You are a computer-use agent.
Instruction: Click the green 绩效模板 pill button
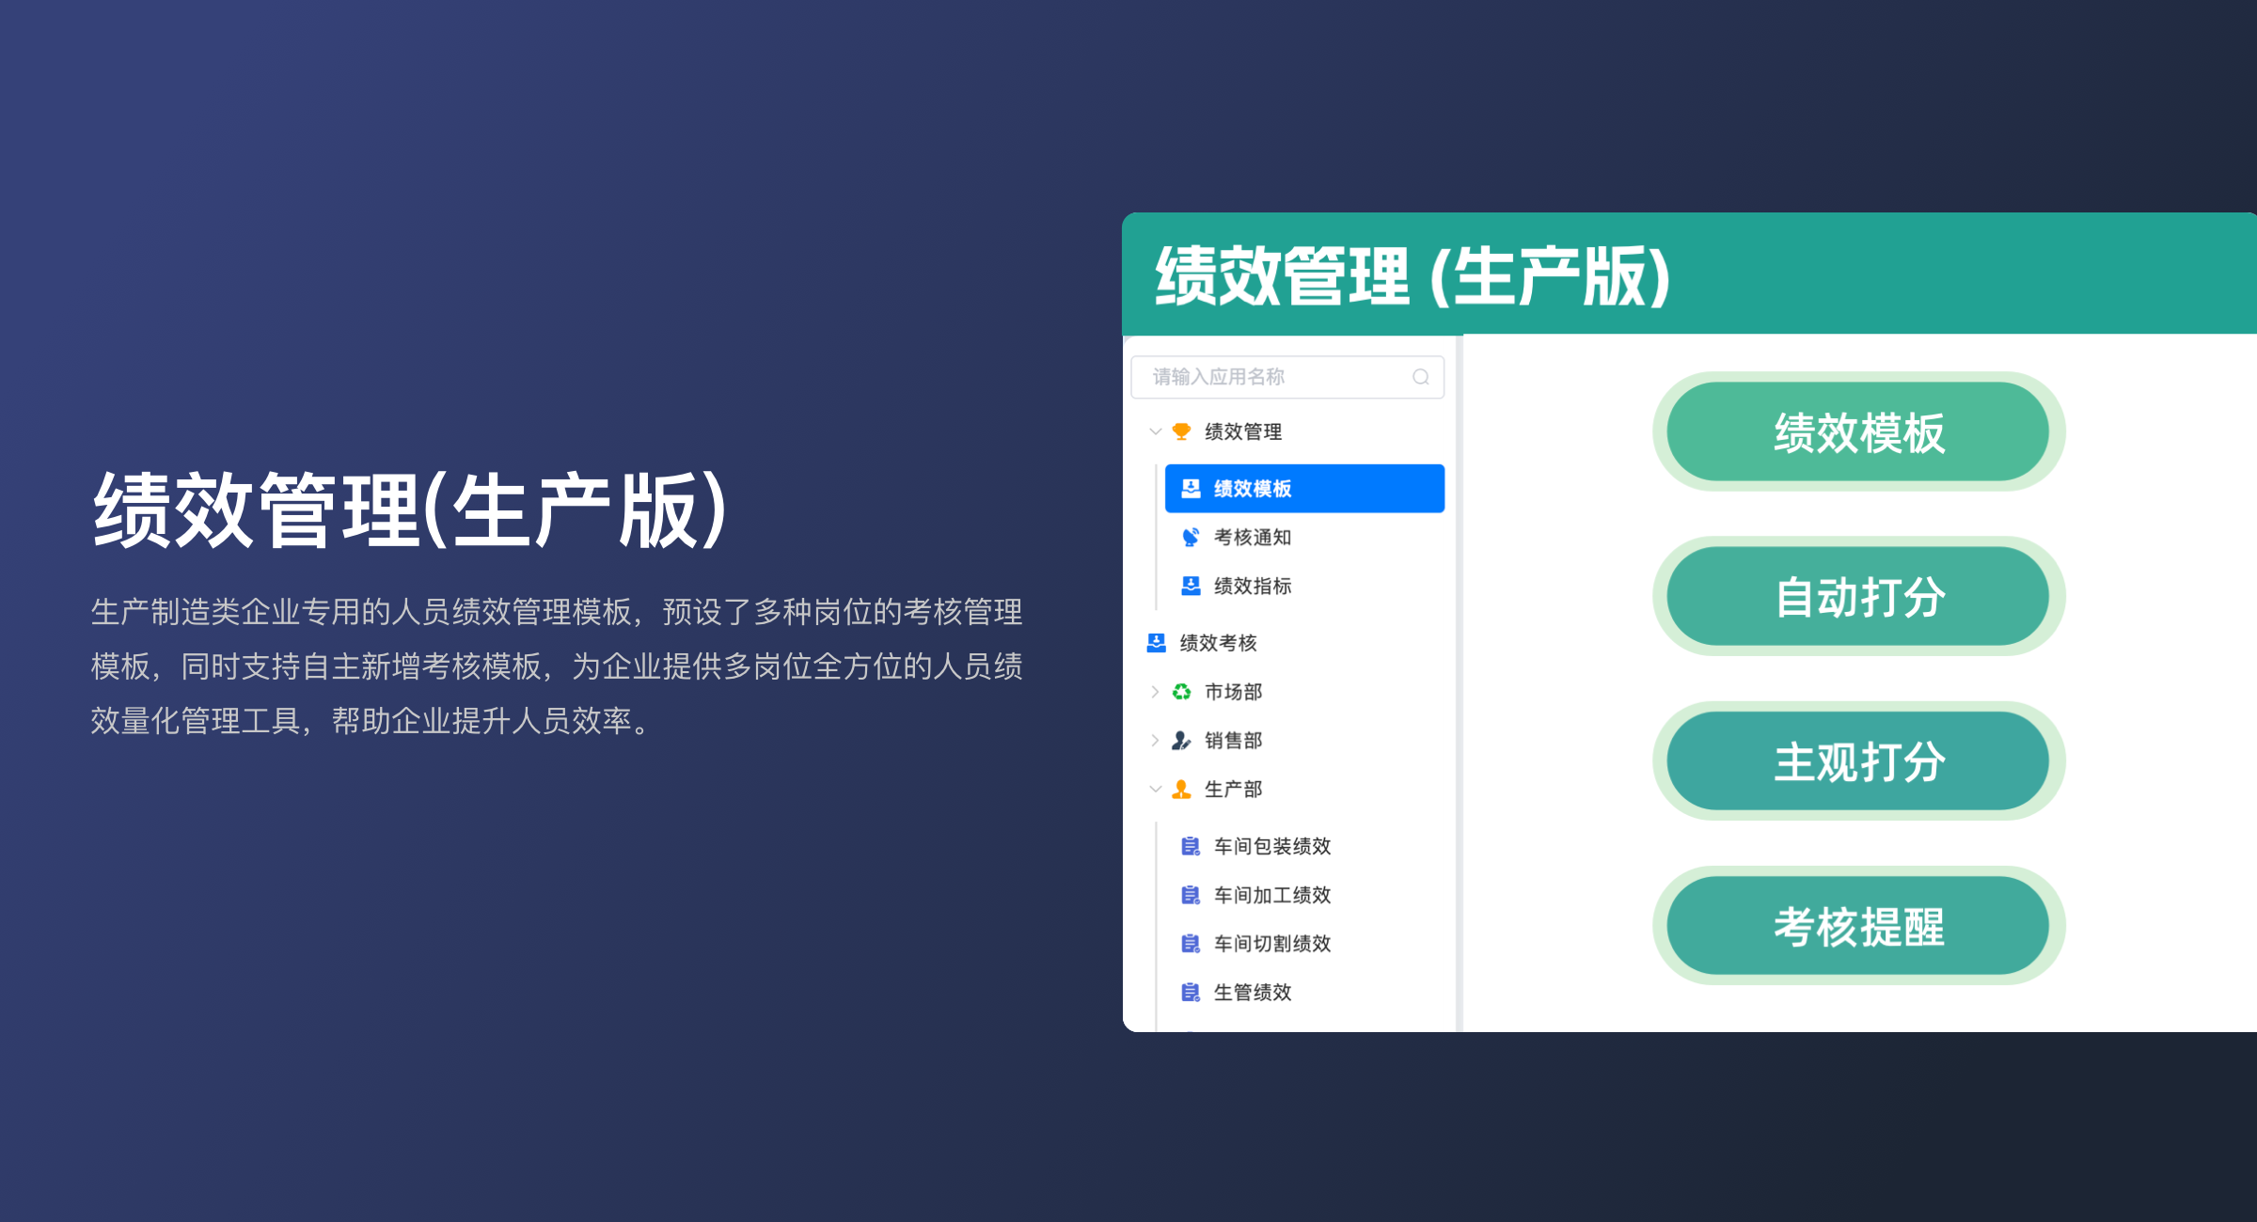coord(1858,432)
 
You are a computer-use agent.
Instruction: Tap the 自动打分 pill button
coord(1858,597)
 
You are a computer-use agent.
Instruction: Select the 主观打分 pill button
coord(1858,761)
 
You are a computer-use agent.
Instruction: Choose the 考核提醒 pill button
coord(1858,926)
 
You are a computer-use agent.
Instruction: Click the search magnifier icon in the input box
coord(1420,377)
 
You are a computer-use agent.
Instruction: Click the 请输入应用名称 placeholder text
coord(1219,377)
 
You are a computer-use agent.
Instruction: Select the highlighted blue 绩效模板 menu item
coord(1303,488)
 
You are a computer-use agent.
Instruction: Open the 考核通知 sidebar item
coord(1252,537)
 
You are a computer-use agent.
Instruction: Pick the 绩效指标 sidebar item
coord(1252,586)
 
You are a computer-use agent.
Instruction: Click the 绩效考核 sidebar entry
coord(1218,643)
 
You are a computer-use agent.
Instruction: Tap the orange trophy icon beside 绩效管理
coord(1181,431)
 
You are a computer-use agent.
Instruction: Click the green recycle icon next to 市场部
coord(1181,692)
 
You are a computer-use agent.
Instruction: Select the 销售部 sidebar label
coord(1233,741)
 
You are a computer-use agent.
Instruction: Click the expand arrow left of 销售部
coord(1155,741)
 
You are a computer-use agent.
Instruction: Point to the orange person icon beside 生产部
coord(1181,790)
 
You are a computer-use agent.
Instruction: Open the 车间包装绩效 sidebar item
coord(1271,846)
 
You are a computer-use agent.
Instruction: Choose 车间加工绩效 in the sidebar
coord(1271,895)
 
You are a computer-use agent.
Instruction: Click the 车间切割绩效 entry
coord(1271,944)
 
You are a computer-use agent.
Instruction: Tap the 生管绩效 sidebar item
coord(1252,993)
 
